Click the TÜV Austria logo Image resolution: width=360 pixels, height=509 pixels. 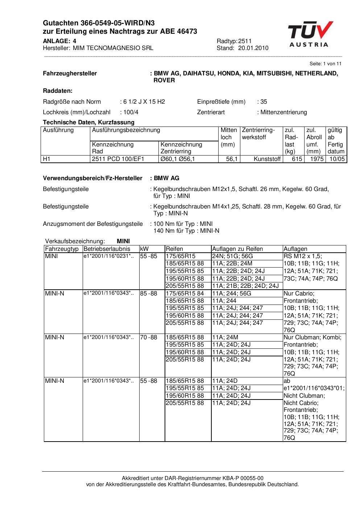(x=310, y=34)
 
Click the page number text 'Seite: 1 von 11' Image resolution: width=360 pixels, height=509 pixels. (x=325, y=64)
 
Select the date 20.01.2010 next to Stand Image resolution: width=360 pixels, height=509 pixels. (x=253, y=48)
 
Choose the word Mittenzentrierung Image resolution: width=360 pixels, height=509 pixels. (x=284, y=112)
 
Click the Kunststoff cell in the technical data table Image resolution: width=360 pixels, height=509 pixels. (x=267, y=159)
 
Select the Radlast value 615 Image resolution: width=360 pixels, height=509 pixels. (x=297, y=159)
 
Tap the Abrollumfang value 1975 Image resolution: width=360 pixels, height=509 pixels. (x=317, y=159)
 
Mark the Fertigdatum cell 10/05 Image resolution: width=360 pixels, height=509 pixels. (x=337, y=159)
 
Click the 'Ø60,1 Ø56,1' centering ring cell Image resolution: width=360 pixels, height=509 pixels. (x=178, y=159)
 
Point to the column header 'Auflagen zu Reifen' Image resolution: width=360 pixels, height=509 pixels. (x=237, y=249)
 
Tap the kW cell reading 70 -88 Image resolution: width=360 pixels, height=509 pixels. (x=149, y=337)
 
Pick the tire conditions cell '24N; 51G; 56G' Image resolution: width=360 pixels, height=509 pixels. (x=232, y=256)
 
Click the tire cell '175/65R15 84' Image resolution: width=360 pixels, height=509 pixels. (x=185, y=293)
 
